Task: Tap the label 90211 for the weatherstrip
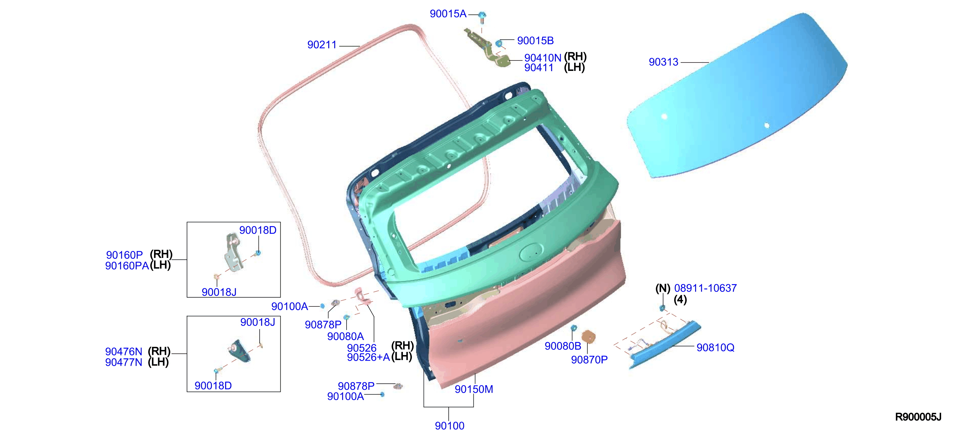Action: click(x=322, y=45)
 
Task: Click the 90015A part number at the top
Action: click(x=448, y=14)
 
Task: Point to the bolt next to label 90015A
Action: click(x=482, y=17)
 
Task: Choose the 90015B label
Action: click(x=535, y=41)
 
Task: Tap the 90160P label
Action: click(x=125, y=255)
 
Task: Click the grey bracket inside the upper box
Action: click(x=233, y=253)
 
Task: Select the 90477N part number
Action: click(x=124, y=362)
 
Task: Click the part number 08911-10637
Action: click(x=705, y=288)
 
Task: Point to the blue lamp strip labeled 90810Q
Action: click(x=665, y=344)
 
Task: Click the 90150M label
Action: click(x=474, y=389)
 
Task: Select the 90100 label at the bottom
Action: click(x=449, y=425)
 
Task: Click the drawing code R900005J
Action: click(x=918, y=417)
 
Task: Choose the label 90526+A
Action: click(x=368, y=357)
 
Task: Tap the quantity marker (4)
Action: click(x=680, y=300)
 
